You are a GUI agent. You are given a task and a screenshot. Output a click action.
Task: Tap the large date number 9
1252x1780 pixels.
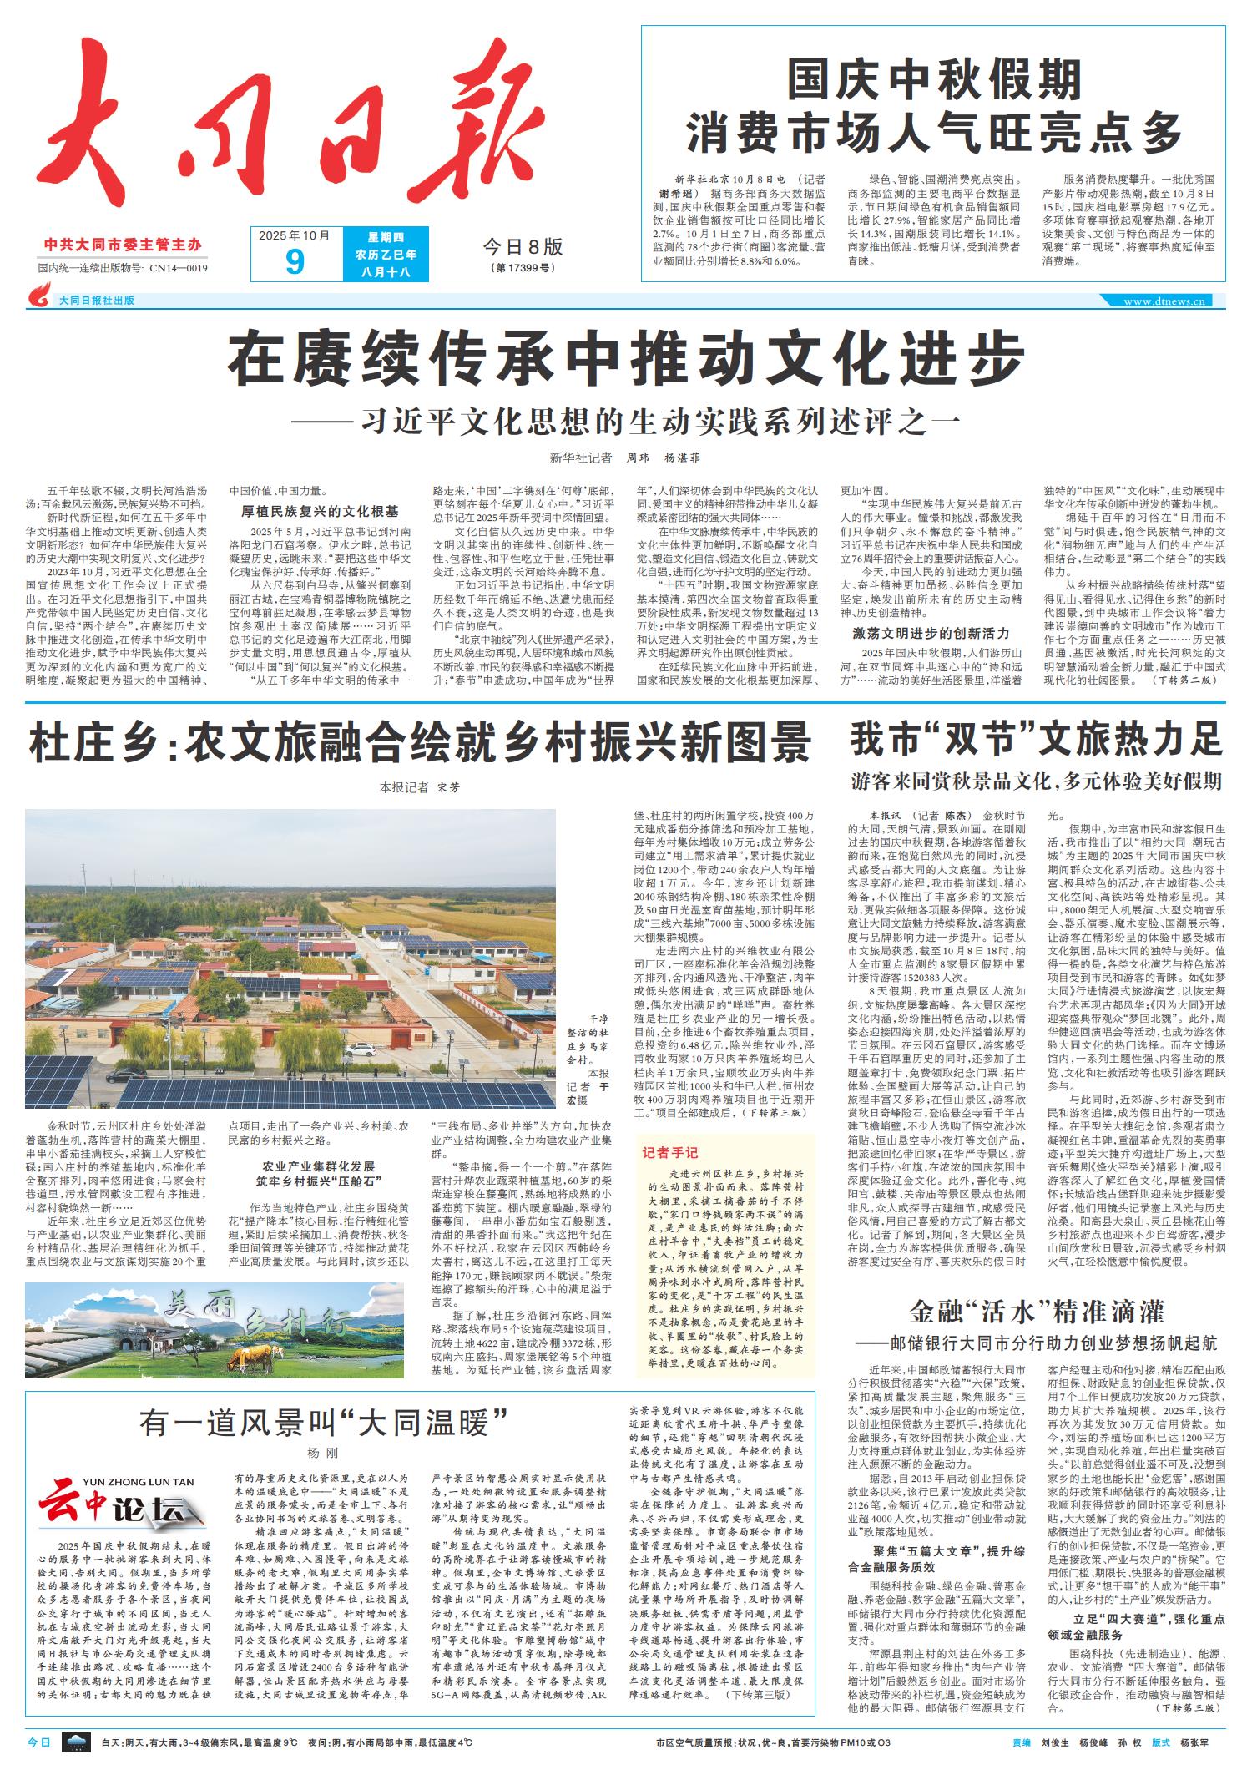[294, 262]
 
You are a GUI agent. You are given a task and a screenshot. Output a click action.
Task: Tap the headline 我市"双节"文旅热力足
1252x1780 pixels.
[1036, 739]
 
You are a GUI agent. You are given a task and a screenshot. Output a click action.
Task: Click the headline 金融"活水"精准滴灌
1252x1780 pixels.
[1036, 1311]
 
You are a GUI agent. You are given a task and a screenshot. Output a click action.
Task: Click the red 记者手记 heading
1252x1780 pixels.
[669, 1153]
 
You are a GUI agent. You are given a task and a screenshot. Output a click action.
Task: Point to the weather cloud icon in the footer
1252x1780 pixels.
[78, 1742]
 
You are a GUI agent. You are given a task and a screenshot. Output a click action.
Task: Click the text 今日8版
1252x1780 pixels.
[523, 246]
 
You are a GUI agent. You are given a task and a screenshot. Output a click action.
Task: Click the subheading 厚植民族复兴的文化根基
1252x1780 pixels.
[320, 511]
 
